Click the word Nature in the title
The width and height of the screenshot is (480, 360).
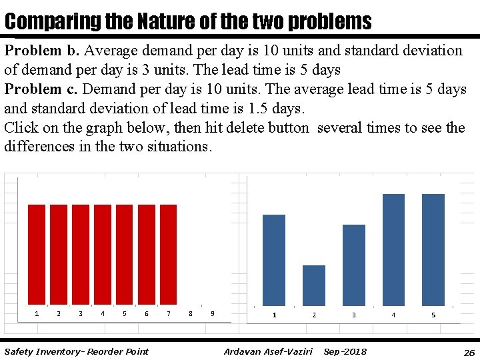point(161,21)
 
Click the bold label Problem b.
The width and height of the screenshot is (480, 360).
point(42,51)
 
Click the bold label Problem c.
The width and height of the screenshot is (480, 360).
point(42,89)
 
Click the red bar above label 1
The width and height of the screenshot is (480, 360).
point(37,254)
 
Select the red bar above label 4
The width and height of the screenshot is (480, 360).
point(103,254)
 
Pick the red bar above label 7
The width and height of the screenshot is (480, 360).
point(169,254)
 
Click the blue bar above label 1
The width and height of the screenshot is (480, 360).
point(274,260)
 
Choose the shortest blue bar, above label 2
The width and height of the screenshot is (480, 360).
point(314,285)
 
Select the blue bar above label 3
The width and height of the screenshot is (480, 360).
point(353,265)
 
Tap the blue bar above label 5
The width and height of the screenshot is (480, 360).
point(433,249)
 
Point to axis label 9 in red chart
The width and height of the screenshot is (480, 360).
point(213,313)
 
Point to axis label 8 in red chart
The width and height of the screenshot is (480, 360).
point(191,313)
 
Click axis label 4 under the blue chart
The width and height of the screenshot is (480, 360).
point(393,315)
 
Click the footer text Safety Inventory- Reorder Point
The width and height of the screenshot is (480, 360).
point(77,351)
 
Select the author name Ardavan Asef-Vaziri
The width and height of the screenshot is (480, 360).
point(268,351)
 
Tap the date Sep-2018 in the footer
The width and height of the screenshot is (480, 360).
point(345,351)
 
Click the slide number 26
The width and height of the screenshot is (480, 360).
point(469,352)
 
